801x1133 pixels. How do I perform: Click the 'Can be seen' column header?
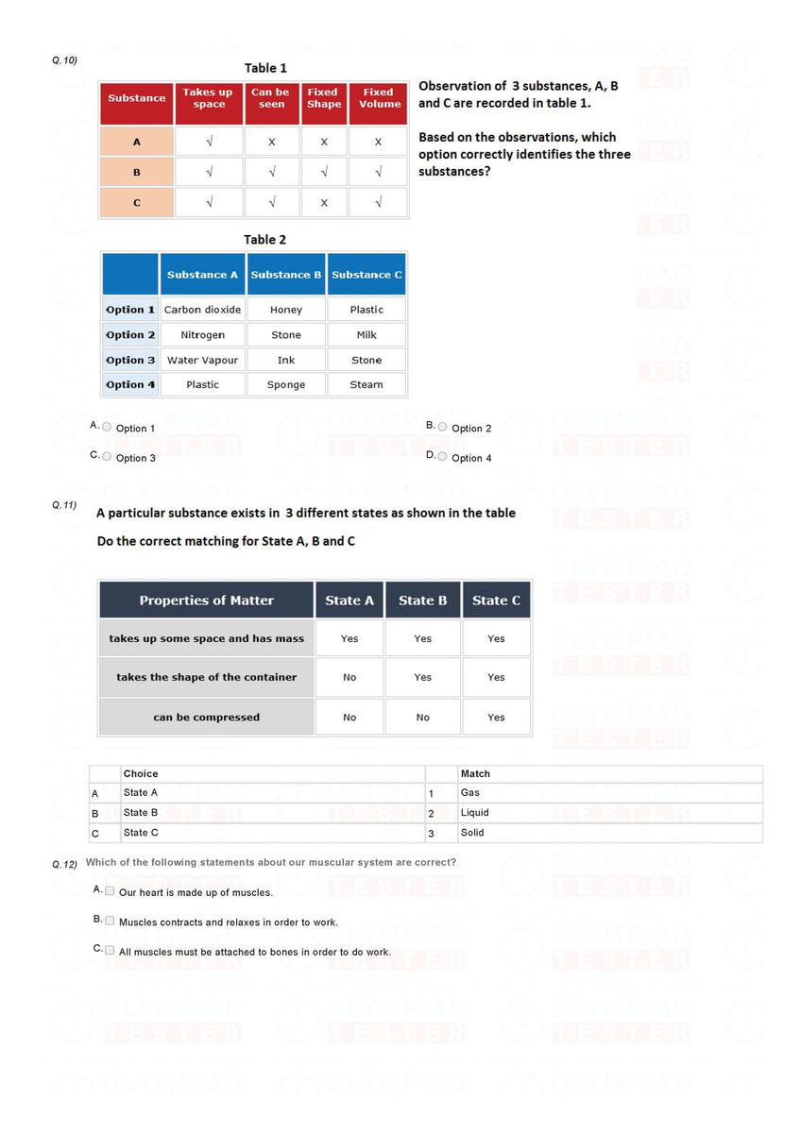pyautogui.click(x=271, y=98)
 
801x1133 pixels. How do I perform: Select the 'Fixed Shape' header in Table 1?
pyautogui.click(x=323, y=98)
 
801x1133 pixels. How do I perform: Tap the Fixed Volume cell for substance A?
pyautogui.click(x=378, y=142)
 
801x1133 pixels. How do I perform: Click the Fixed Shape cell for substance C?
pyautogui.click(x=324, y=202)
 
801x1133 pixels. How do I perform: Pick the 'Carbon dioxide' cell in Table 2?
pyautogui.click(x=202, y=310)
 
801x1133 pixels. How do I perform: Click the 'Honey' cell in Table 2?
pyautogui.click(x=286, y=310)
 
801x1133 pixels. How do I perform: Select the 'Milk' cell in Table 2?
pyautogui.click(x=366, y=335)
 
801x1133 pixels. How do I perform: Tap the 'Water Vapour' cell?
pyautogui.click(x=202, y=360)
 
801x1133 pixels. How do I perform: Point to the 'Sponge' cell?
pyautogui.click(x=286, y=385)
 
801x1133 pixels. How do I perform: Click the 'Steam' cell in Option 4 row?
pyautogui.click(x=366, y=385)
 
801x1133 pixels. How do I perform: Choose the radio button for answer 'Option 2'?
pyautogui.click(x=442, y=427)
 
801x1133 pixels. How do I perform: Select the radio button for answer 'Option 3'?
pyautogui.click(x=107, y=457)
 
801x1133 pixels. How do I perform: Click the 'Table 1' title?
pyautogui.click(x=265, y=68)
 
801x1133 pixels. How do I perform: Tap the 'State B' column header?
pyautogui.click(x=422, y=600)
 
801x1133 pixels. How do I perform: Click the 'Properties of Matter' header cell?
pyautogui.click(x=206, y=600)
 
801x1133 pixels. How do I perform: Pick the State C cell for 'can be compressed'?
pyautogui.click(x=496, y=718)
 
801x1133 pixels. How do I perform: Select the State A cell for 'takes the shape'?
pyautogui.click(x=349, y=677)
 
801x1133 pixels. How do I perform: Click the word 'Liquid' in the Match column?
pyautogui.click(x=474, y=813)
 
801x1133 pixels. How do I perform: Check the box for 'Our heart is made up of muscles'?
pyautogui.click(x=110, y=890)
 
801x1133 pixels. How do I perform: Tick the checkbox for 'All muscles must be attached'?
pyautogui.click(x=110, y=950)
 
